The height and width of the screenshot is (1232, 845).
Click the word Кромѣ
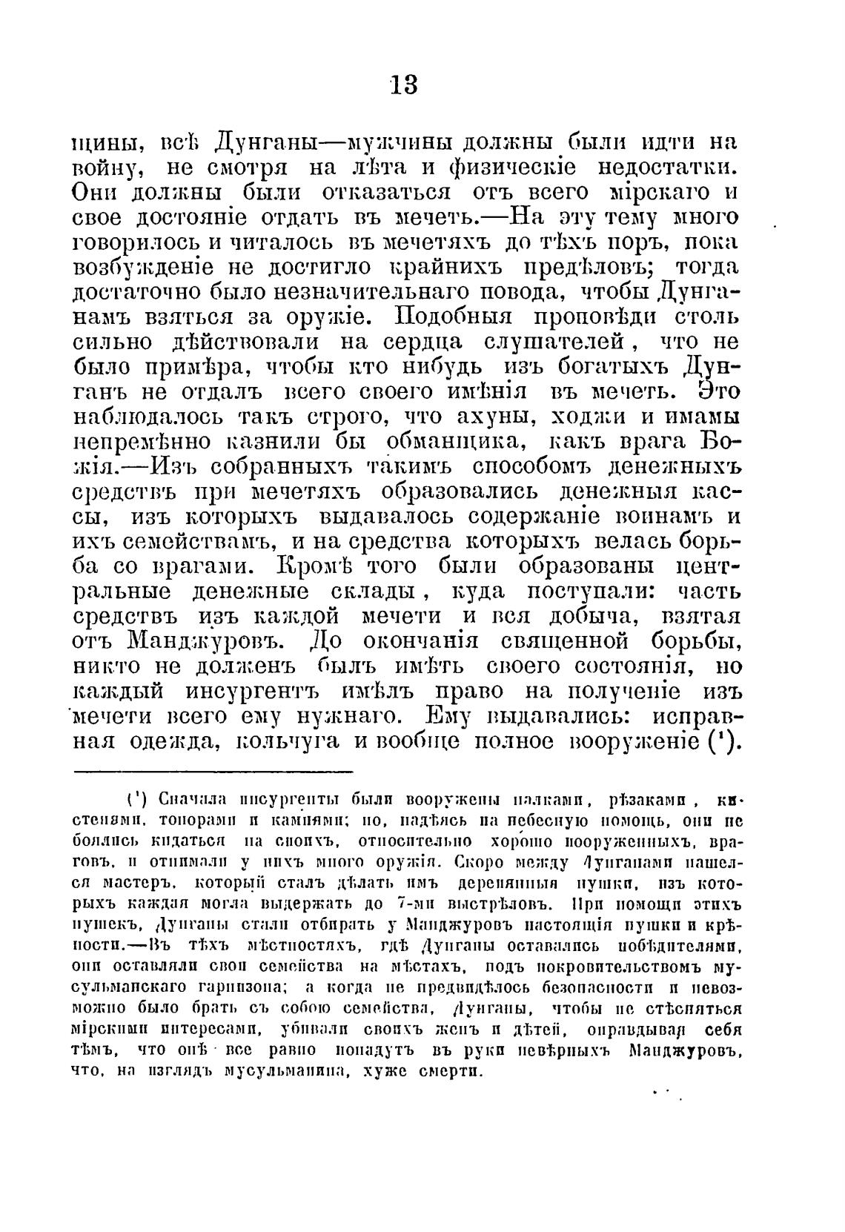[333, 567]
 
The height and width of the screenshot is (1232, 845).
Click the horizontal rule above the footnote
[213, 772]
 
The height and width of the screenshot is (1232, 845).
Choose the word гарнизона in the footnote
[236, 987]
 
